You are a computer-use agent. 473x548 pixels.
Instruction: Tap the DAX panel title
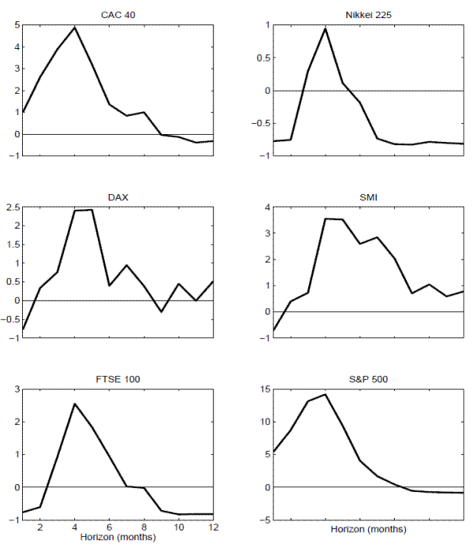pyautogui.click(x=118, y=197)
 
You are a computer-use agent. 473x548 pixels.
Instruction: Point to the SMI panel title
pyautogui.click(x=367, y=197)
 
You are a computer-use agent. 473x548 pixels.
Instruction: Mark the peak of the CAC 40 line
pyautogui.click(x=75, y=28)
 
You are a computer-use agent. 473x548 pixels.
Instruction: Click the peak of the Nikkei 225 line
pyautogui.click(x=325, y=28)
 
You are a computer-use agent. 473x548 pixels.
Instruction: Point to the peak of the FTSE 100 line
pyautogui.click(x=75, y=404)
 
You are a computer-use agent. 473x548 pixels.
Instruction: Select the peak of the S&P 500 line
pyautogui.click(x=325, y=394)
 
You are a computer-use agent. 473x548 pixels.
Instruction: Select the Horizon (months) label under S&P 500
pyautogui.click(x=367, y=529)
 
